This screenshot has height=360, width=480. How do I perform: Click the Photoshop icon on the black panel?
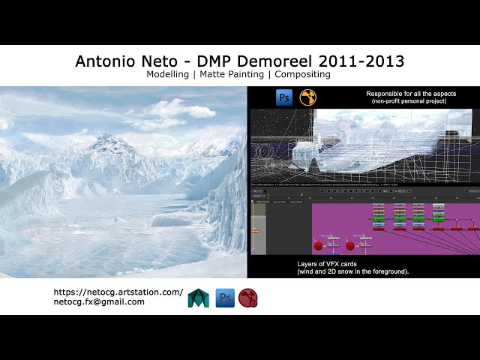point(284,97)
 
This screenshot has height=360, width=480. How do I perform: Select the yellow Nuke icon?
point(307,97)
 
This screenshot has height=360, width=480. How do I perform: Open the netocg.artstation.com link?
point(118,292)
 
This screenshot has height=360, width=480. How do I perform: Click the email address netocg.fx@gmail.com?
point(99,301)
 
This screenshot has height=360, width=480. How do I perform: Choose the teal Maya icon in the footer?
point(199,298)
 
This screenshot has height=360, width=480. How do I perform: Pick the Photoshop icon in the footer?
point(225,298)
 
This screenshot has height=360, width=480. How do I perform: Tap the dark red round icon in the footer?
point(248,298)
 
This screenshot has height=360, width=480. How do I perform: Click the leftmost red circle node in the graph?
point(318,245)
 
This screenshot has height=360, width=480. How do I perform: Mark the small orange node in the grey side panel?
point(255,230)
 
